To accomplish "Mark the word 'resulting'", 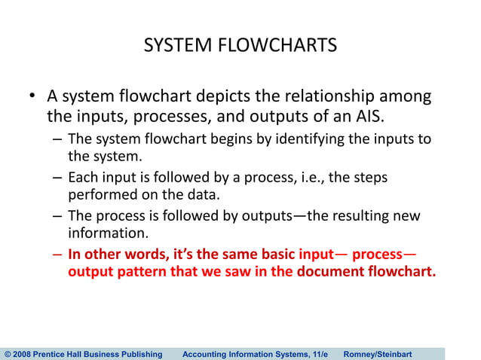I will point(351,216).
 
